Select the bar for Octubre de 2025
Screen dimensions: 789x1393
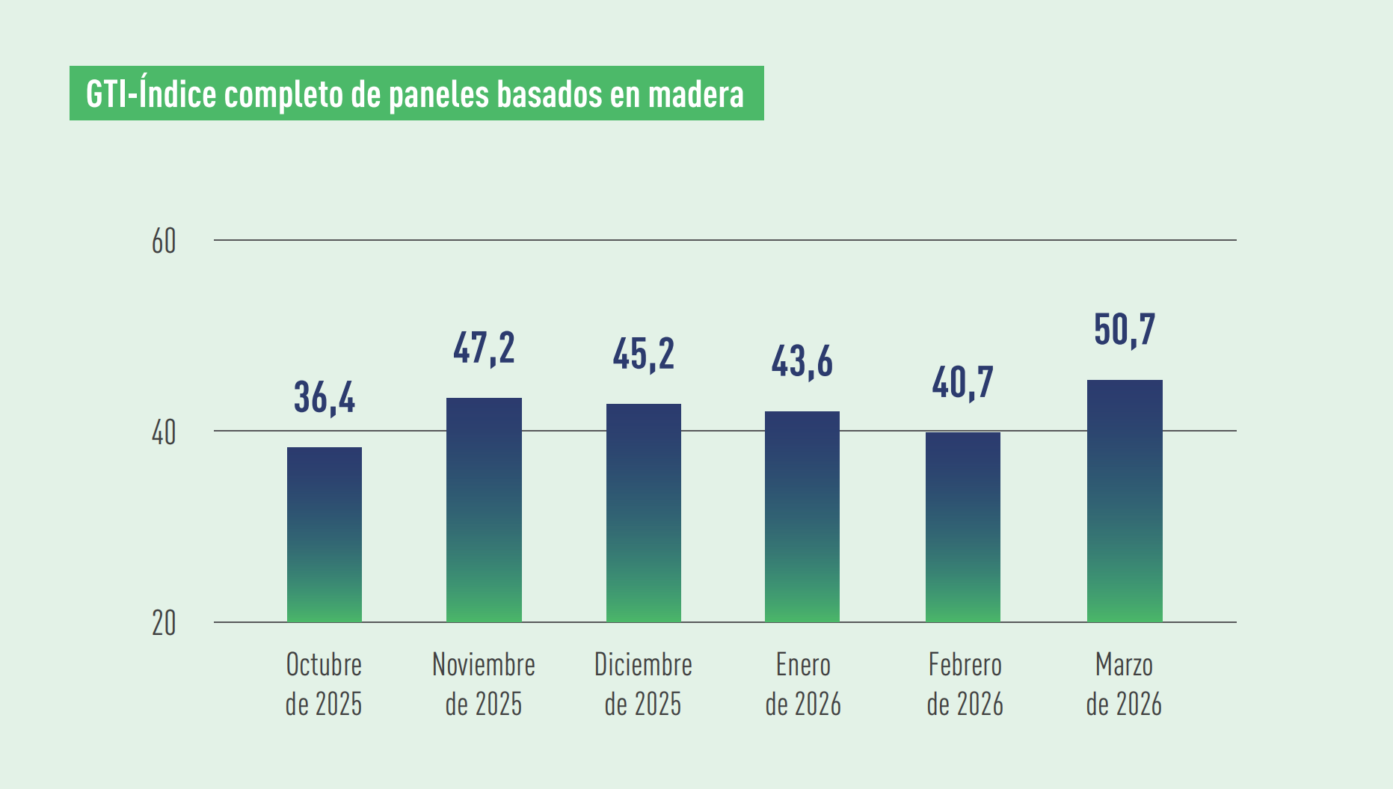pyautogui.click(x=325, y=534)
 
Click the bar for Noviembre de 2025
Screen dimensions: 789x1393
pyautogui.click(x=484, y=509)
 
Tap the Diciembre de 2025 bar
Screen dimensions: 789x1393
pyautogui.click(x=644, y=512)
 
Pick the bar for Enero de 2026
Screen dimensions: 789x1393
pyautogui.click(x=802, y=516)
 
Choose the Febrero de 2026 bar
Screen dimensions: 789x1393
pyautogui.click(x=963, y=526)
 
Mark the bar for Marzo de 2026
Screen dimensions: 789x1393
pyautogui.click(x=1125, y=500)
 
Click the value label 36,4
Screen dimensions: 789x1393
pyautogui.click(x=325, y=397)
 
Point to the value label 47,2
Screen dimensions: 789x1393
pyautogui.click(x=484, y=349)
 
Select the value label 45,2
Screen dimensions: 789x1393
pyautogui.click(x=644, y=354)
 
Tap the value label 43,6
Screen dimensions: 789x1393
pyautogui.click(x=802, y=362)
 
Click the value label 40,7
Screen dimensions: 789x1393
pyautogui.click(x=963, y=383)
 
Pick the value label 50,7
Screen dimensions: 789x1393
pyautogui.click(x=1125, y=330)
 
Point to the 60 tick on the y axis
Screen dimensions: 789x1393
pyautogui.click(x=164, y=242)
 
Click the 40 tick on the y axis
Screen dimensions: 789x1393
pyautogui.click(x=164, y=432)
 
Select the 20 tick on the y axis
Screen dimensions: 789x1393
pyautogui.click(x=164, y=624)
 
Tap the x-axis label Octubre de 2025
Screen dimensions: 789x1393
pyautogui.click(x=324, y=684)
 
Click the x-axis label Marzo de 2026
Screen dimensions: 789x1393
pyautogui.click(x=1124, y=684)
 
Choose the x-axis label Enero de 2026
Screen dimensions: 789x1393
pyautogui.click(x=803, y=684)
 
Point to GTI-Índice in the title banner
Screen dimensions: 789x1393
pyautogui.click(x=151, y=95)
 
